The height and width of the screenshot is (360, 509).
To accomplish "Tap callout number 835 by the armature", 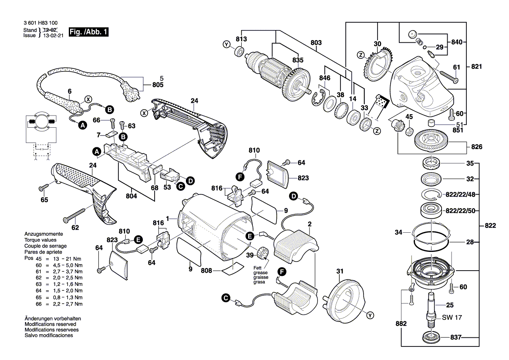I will point(297,60).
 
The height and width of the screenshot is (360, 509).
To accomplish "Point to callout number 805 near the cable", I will point(158,85).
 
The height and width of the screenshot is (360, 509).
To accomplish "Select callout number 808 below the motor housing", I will point(206,271).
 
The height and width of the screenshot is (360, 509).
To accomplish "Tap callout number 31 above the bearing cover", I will point(340,272).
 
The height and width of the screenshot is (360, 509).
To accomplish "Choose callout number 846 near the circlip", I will point(325,78).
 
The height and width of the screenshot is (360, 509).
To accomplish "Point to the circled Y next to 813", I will point(226,44).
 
